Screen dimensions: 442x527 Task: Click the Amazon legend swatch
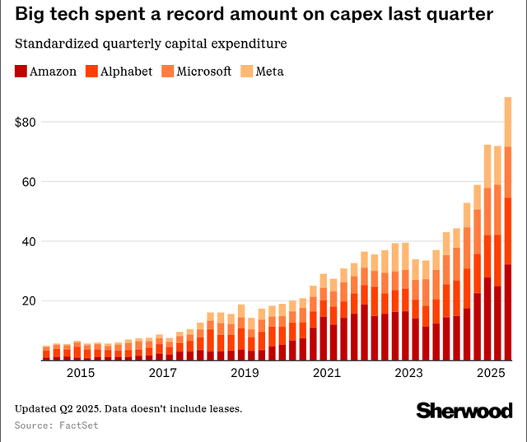(21, 72)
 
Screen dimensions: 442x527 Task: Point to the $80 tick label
(29, 122)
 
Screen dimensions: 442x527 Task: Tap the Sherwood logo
(464, 410)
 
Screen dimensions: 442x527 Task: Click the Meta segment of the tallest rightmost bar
(508, 122)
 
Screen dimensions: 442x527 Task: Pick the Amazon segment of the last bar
(508, 313)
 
